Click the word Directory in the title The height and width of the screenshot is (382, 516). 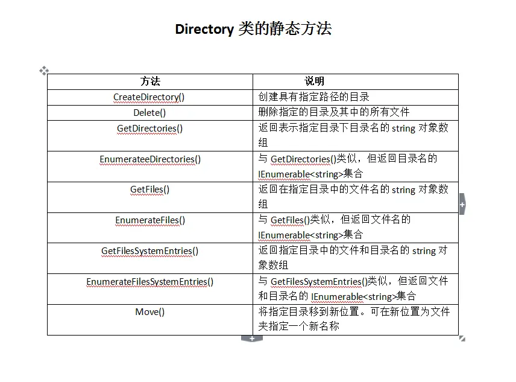pyautogui.click(x=204, y=29)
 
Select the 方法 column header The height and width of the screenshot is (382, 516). pyautogui.click(x=150, y=81)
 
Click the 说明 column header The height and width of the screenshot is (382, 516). pyautogui.click(x=314, y=81)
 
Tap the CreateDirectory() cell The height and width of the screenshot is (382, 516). pyautogui.click(x=149, y=97)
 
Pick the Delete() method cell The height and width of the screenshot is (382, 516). pyautogui.click(x=149, y=113)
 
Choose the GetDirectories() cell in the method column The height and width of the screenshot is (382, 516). pyautogui.click(x=149, y=129)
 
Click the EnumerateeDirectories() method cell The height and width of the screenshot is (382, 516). pyautogui.click(x=150, y=159)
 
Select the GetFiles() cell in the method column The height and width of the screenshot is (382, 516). pyautogui.click(x=149, y=189)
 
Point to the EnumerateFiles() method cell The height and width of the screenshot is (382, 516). pyautogui.click(x=150, y=220)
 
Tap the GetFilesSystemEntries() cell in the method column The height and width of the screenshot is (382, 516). pyautogui.click(x=149, y=251)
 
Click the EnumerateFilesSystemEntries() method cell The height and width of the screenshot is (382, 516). pyautogui.click(x=149, y=282)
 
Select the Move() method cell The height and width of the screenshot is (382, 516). pyautogui.click(x=149, y=312)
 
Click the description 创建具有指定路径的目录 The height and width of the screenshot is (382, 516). pyautogui.click(x=313, y=97)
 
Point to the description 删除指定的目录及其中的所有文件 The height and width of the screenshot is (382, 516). pyautogui.click(x=334, y=112)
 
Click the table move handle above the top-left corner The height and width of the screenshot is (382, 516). pyautogui.click(x=44, y=71)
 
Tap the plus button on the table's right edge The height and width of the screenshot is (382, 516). pyautogui.click(x=462, y=205)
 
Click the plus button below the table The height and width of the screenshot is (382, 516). pyautogui.click(x=252, y=339)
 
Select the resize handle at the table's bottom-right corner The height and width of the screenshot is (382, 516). pyautogui.click(x=462, y=339)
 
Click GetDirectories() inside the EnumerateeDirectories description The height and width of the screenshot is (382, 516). pyautogui.click(x=303, y=159)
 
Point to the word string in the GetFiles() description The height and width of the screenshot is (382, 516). pyautogui.click(x=403, y=190)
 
